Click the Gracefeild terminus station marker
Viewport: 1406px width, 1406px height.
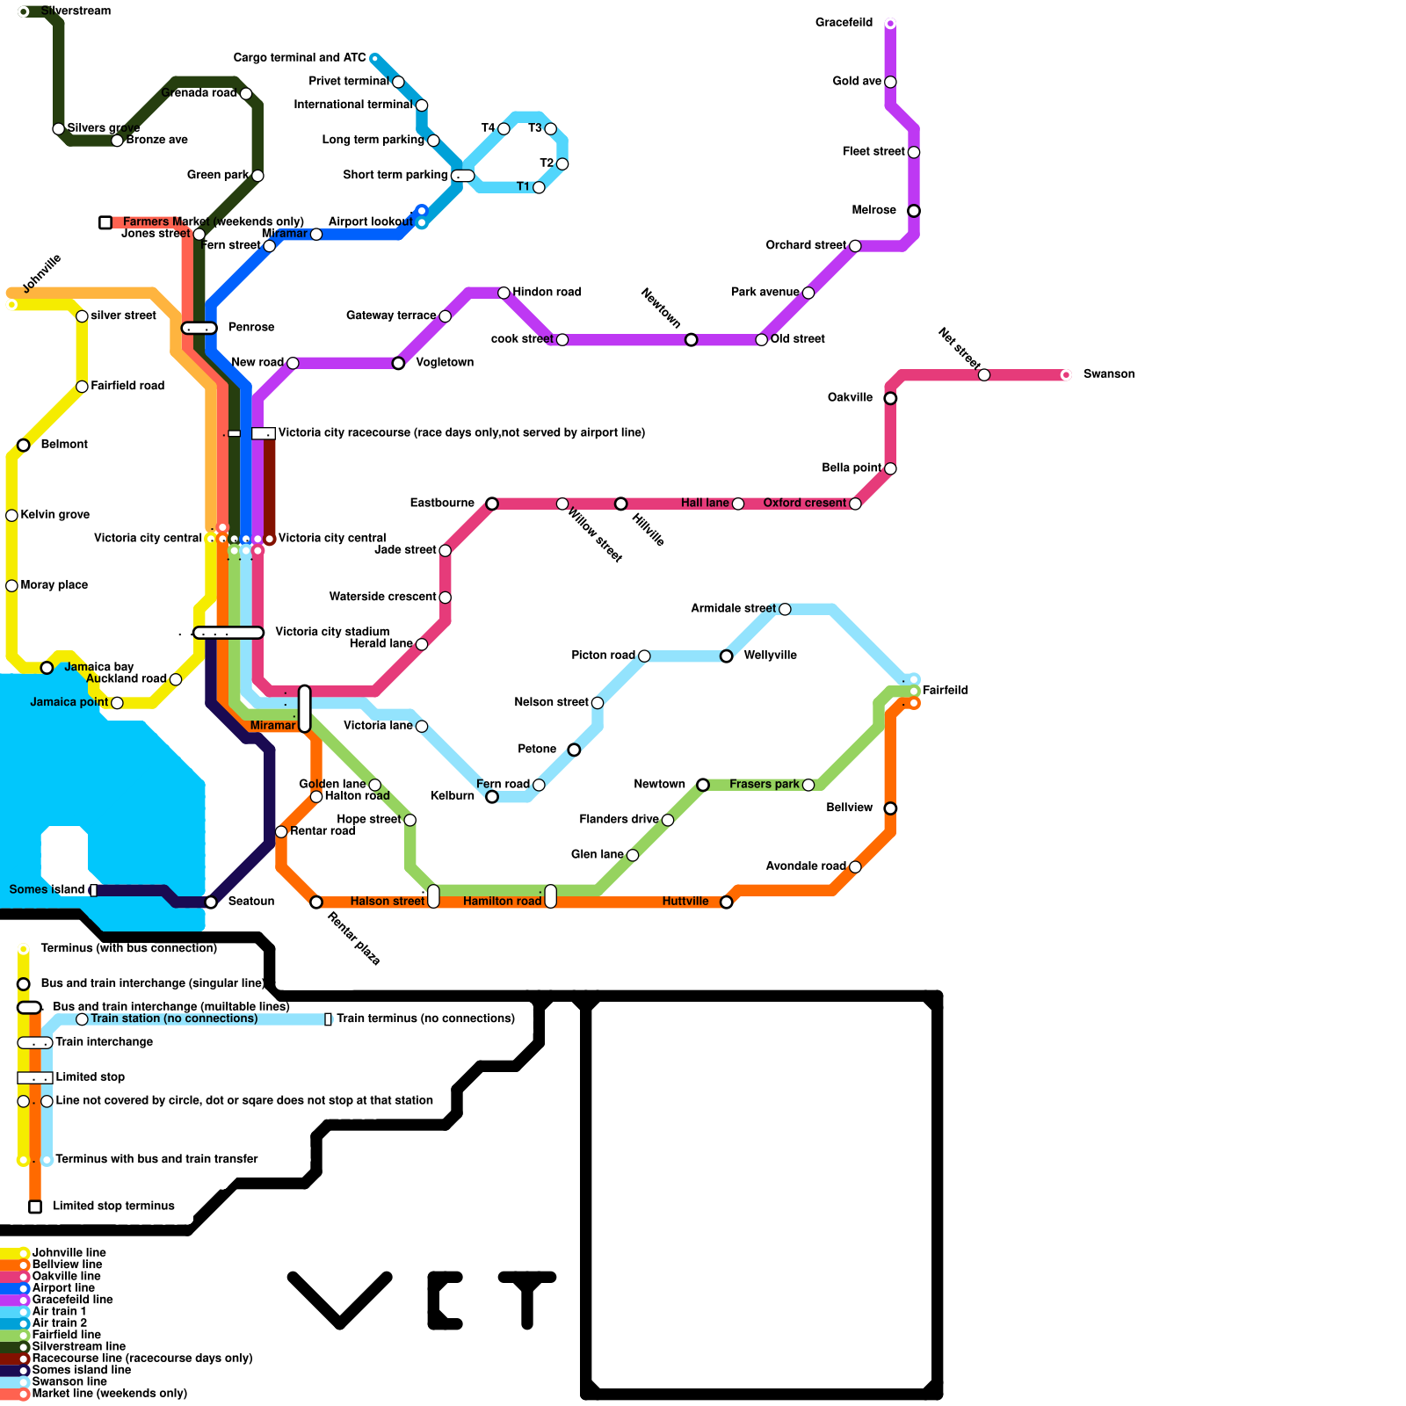pos(890,24)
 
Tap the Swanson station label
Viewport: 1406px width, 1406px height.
pos(1108,374)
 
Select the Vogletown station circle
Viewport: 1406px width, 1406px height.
pos(398,363)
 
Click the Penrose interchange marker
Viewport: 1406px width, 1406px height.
pos(199,329)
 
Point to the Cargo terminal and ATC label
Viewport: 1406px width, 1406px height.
pos(299,58)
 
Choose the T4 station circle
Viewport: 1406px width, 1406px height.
pos(504,129)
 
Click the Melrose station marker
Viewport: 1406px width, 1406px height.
pos(914,211)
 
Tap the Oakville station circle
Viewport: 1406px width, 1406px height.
pos(890,398)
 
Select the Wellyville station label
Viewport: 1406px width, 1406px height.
pos(770,656)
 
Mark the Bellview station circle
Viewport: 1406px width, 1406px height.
pos(890,808)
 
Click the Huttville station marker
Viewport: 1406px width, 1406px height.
pos(726,902)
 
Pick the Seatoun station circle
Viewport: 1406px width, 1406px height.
pos(211,902)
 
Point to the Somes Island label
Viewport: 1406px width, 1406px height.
pos(47,890)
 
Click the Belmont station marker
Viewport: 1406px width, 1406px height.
pos(24,446)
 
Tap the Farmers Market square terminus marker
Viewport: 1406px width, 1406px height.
pos(105,222)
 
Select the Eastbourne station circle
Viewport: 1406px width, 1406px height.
pos(492,504)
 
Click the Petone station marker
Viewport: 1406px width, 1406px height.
pos(574,750)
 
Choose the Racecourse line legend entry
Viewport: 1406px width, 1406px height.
pos(141,1359)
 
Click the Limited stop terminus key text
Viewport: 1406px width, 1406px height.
pos(113,1207)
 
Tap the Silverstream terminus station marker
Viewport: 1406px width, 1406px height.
pos(24,11)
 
